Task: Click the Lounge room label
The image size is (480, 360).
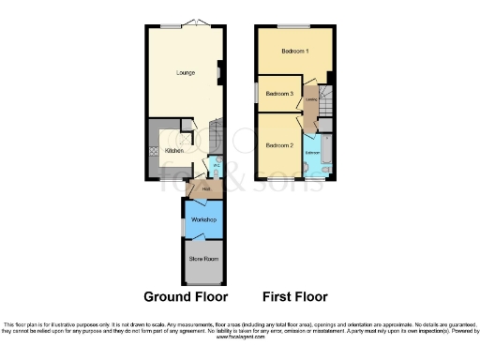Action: tap(186, 72)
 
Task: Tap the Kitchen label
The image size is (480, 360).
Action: tap(174, 150)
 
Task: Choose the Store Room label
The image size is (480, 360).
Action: tap(203, 257)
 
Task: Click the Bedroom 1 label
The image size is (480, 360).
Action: tap(294, 51)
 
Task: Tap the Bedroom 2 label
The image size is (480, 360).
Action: tap(280, 145)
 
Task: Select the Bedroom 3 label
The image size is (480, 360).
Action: tap(280, 94)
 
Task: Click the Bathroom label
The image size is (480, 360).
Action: tap(314, 152)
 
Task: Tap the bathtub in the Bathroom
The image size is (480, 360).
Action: tap(316, 170)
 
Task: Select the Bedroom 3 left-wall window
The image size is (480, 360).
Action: tap(259, 94)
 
